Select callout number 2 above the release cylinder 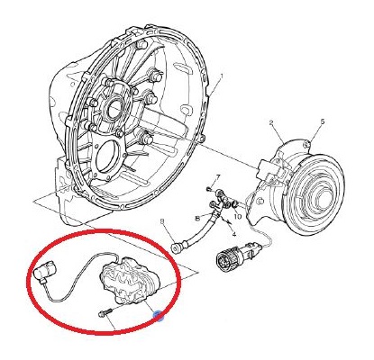point(271,122)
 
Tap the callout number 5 point(323,121)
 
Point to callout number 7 point(218,176)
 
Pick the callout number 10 point(238,216)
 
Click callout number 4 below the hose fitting point(234,234)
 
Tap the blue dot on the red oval point(158,315)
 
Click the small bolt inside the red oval point(105,312)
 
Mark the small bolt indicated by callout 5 point(306,145)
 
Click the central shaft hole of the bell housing point(114,108)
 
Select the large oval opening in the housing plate point(105,156)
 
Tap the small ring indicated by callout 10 point(235,204)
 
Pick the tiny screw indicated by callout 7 point(208,189)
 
